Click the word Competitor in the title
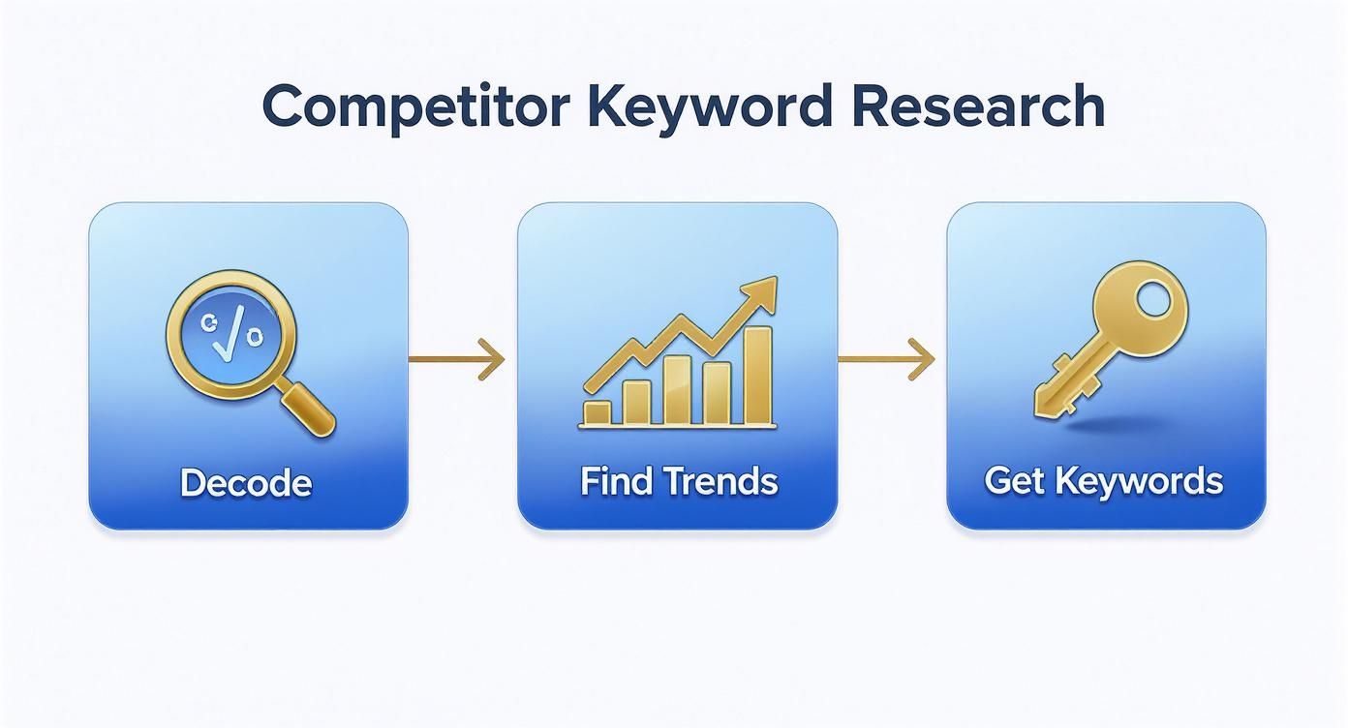click(x=415, y=108)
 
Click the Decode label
click(x=246, y=482)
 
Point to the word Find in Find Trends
click(x=616, y=481)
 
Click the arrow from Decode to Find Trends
click(x=456, y=359)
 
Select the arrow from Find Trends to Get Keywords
click(x=886, y=359)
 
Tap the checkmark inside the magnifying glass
click(x=230, y=333)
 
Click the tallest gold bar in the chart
click(x=757, y=375)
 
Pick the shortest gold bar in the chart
click(x=597, y=412)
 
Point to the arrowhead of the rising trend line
click(x=759, y=295)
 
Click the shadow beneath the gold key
click(x=1114, y=424)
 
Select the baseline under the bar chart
click(x=678, y=427)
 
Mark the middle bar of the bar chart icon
click(x=677, y=390)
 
